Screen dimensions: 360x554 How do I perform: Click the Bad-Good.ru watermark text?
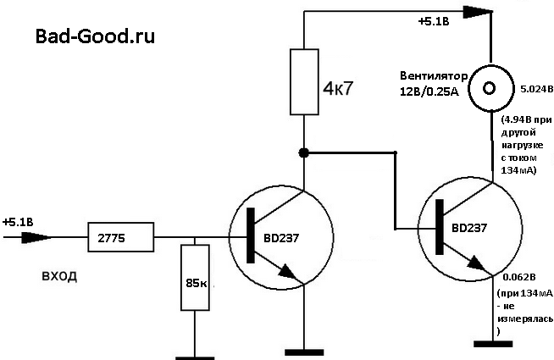95,36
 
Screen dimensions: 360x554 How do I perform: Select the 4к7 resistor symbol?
304,81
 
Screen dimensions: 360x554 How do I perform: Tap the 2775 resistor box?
120,237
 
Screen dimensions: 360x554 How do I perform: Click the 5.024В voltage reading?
530,87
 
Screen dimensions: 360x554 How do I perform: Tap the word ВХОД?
58,276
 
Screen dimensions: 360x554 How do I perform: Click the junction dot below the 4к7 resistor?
304,153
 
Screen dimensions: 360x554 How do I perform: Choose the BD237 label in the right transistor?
469,228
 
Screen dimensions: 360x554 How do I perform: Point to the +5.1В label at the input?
19,222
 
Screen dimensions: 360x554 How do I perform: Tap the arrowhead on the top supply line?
479,12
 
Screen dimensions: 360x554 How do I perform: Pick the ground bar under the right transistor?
493,343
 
